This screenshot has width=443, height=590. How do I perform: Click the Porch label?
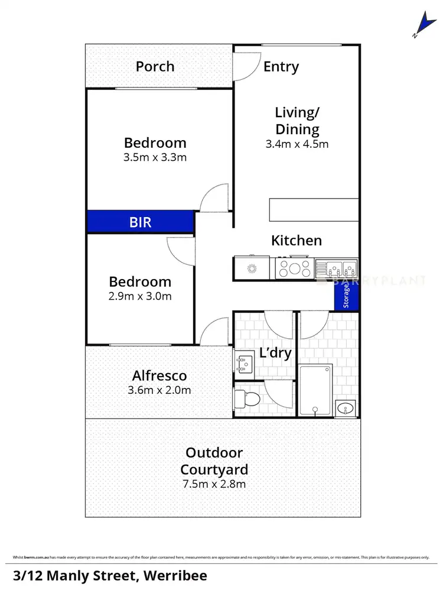pos(155,66)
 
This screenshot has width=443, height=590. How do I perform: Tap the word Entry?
pos(281,67)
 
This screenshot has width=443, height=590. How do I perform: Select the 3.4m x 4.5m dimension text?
pos(298,144)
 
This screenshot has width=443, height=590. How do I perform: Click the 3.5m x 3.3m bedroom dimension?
pos(155,157)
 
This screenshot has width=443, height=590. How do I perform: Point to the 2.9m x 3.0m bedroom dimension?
pos(140,296)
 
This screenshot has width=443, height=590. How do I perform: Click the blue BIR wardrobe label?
pos(141,222)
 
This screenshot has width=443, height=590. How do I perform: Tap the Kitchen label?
pos(297,241)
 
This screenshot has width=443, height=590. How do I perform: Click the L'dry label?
pos(276,354)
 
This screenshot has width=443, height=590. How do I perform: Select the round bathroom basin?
pos(344,407)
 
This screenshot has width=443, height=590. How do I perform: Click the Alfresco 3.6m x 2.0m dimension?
pos(159,390)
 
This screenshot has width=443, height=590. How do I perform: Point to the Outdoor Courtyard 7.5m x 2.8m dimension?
pos(214,484)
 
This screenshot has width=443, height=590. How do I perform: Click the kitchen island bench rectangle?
pos(314,209)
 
